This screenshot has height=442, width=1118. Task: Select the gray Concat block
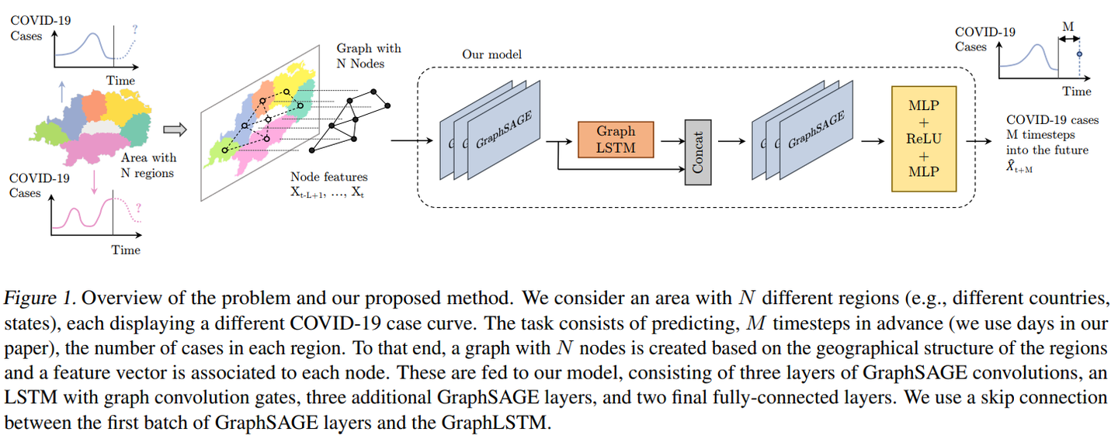coord(697,152)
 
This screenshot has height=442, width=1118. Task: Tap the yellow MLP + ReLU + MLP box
coord(924,140)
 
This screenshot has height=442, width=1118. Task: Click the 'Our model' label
coord(491,54)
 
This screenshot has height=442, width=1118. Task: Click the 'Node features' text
coord(329,178)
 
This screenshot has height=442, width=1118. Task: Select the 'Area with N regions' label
coord(148,165)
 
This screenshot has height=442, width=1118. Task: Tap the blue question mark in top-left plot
coord(134,29)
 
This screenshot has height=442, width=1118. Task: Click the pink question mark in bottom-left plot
coord(137,207)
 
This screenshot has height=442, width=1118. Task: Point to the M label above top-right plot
coord(1068,26)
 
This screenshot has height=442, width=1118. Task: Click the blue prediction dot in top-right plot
coord(1078,54)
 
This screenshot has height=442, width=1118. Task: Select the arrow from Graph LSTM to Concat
coord(668,141)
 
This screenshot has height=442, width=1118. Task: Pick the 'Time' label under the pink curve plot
coord(125,250)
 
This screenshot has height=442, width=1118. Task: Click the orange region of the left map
coord(95,105)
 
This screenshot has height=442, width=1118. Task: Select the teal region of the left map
coord(137,129)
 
